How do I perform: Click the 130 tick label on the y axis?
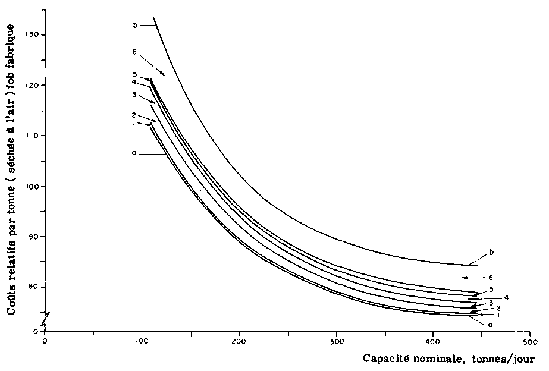(x=34, y=34)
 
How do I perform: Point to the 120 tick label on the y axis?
(x=34, y=85)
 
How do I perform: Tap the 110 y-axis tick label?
(x=34, y=136)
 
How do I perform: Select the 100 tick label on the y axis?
(x=34, y=187)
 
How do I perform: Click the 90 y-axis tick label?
(x=36, y=237)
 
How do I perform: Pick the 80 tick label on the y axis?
(x=36, y=288)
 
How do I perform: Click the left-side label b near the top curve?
(x=135, y=25)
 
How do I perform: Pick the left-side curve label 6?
(x=135, y=52)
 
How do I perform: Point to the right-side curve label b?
(x=491, y=253)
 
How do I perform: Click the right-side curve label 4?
(x=506, y=297)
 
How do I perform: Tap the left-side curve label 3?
(x=135, y=95)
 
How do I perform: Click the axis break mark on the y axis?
(x=45, y=316)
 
